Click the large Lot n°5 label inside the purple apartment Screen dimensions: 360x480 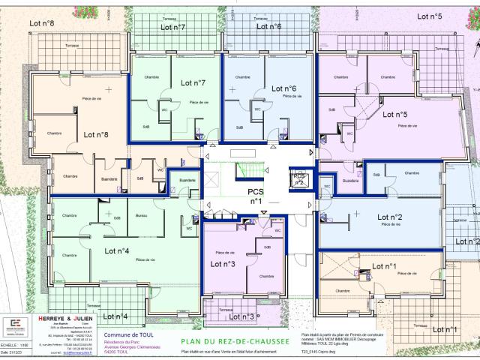[x=394, y=115]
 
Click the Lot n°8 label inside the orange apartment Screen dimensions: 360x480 [x=96, y=136]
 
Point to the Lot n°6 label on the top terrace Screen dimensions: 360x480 [x=266, y=26]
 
